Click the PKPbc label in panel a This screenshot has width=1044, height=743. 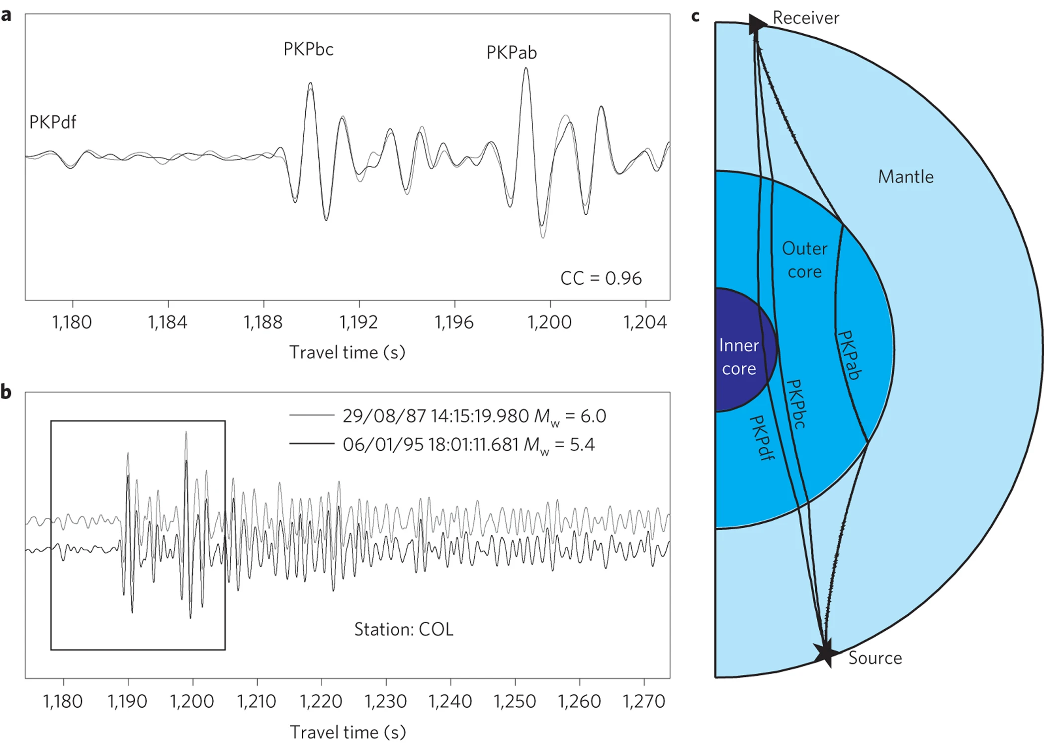point(308,49)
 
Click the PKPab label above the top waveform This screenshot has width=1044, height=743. point(511,52)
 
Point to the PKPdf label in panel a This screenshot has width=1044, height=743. point(53,122)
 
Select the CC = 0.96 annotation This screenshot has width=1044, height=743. point(601,278)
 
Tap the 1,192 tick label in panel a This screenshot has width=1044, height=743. point(358,323)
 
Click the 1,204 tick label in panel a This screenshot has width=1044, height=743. point(645,323)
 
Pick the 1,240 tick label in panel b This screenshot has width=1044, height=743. point(450,701)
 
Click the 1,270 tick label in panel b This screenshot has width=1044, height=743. point(644,701)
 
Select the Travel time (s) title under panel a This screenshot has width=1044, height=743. point(348,352)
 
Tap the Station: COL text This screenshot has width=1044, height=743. point(404,629)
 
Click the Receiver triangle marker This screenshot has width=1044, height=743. point(756,23)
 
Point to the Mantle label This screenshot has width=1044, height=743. point(905,177)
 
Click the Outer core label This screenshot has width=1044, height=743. point(804,260)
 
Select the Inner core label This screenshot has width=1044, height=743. point(739,357)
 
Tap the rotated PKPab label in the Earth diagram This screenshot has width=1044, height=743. point(849,355)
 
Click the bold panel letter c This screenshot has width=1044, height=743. point(696,16)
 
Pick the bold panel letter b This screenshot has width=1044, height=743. point(6,392)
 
